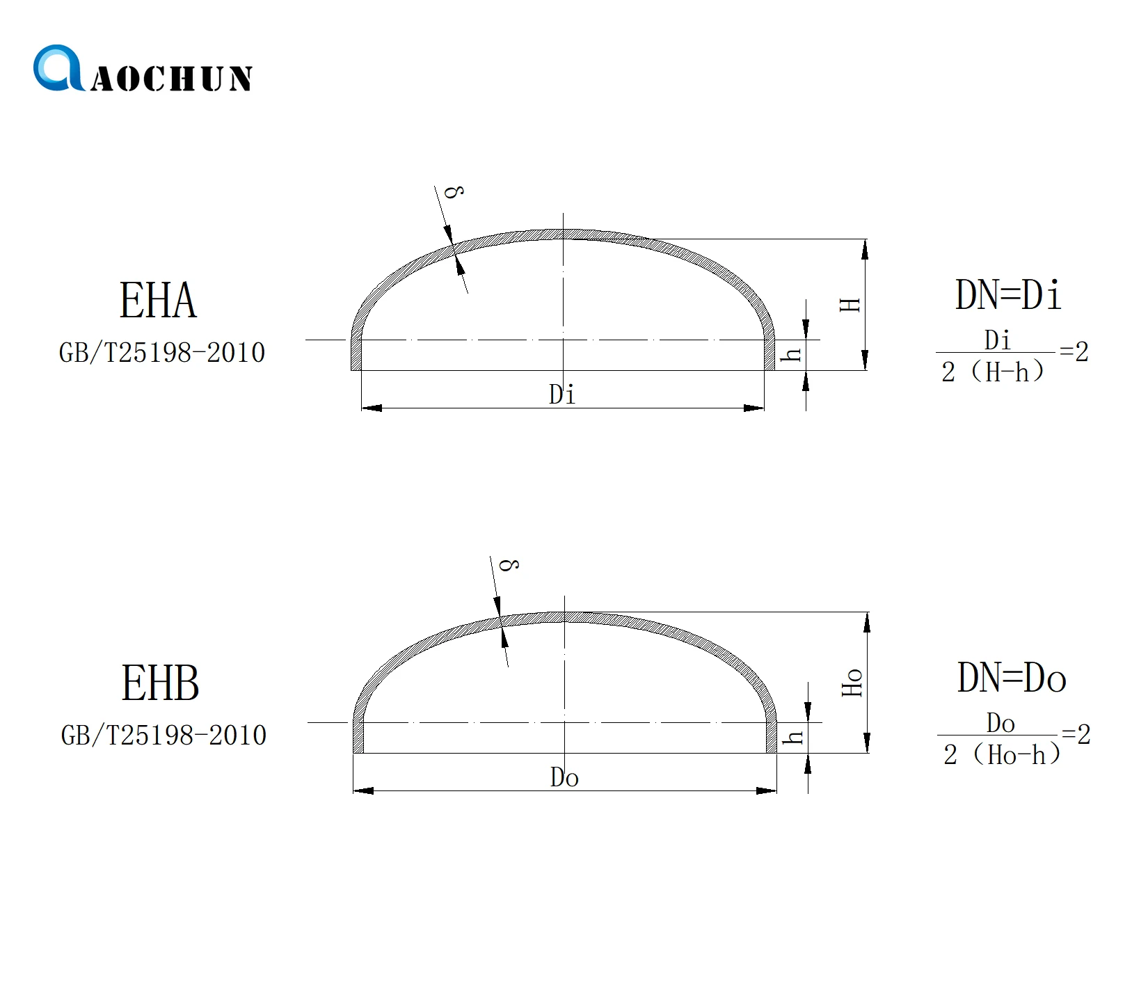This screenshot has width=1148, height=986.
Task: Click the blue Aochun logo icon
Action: pos(57,68)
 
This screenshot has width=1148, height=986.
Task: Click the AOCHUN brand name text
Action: pos(171,79)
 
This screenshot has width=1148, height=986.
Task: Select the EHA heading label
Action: pos(158,301)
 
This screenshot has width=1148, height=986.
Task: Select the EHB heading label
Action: pos(160,683)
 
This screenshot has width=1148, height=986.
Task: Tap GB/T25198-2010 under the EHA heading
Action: pos(162,353)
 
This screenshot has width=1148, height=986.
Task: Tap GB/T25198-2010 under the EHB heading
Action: pos(164,735)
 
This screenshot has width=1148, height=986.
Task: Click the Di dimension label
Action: pos(562,395)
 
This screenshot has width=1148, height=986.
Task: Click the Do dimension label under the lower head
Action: pos(564,777)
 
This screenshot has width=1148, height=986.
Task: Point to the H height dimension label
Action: pos(851,305)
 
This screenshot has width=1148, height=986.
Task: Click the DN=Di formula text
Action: pos(1008,295)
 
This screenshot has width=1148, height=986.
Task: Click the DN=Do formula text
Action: pos(1012,678)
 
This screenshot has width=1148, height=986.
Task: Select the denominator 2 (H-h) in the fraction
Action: pos(993,372)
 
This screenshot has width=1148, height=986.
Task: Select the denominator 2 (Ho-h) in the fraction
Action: pos(1001,755)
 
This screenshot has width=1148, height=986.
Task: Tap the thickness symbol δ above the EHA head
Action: pos(454,191)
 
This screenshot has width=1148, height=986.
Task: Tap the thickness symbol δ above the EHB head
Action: pos(510,564)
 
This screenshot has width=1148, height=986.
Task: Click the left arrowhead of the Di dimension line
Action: pos(372,408)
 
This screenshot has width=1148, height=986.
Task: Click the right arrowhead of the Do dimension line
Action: pos(767,790)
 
